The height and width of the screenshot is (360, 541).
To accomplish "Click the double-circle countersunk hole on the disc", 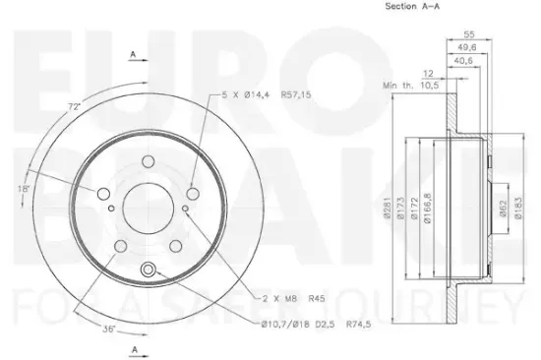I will tap(149, 270).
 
